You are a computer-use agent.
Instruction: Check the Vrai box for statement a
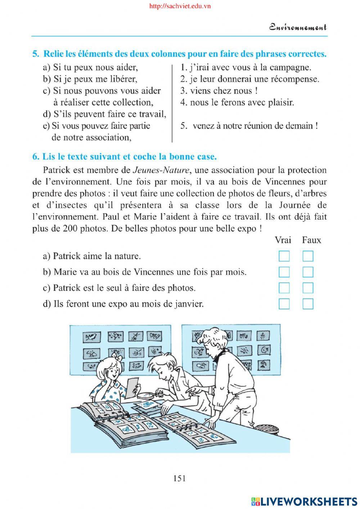(x=284, y=256)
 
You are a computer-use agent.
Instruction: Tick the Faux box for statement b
(x=308, y=272)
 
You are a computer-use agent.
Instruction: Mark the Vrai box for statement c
(x=284, y=288)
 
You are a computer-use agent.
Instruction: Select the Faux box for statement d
(x=308, y=304)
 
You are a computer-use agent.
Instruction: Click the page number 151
(x=180, y=478)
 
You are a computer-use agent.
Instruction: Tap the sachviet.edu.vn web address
(x=180, y=6)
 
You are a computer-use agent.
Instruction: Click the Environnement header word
(x=298, y=27)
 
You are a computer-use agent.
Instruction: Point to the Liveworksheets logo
(x=304, y=501)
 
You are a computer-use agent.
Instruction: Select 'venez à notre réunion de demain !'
(x=255, y=126)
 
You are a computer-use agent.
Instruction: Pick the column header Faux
(x=311, y=240)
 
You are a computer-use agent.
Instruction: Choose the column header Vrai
(x=283, y=240)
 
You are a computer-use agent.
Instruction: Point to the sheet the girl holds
(x=132, y=387)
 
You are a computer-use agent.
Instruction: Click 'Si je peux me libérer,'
(x=90, y=79)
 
